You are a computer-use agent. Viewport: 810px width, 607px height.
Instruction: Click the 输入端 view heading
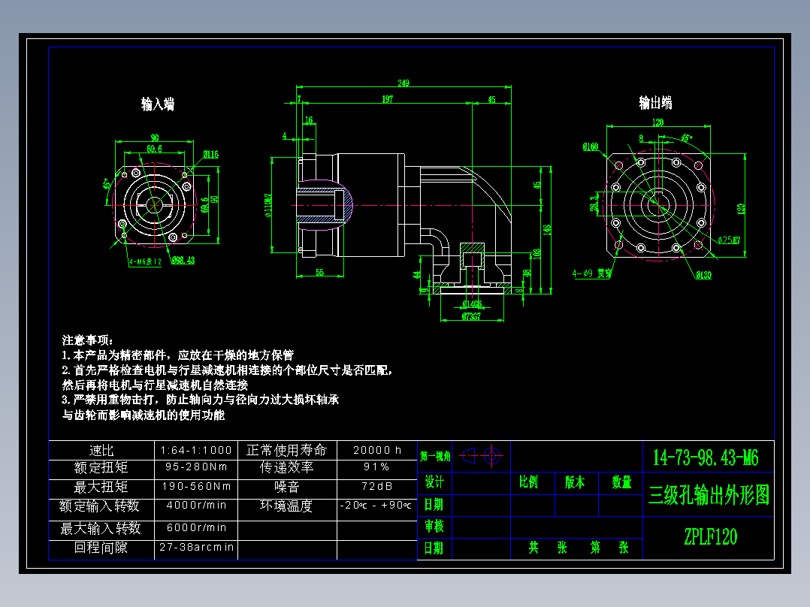[158, 104]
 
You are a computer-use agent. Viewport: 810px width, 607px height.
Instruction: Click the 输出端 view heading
[655, 103]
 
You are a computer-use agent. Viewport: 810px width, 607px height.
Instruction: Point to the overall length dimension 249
[404, 83]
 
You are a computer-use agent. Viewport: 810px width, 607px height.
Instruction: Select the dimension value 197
[388, 99]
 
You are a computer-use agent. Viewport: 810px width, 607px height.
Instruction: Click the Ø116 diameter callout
[210, 155]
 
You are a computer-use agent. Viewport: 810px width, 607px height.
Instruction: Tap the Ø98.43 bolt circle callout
[182, 261]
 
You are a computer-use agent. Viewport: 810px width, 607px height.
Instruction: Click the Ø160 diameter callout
[591, 147]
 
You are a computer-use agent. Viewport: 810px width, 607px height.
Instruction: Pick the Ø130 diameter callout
[703, 275]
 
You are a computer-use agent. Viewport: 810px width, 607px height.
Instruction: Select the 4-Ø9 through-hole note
[592, 274]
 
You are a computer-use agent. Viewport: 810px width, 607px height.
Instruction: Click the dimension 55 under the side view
[320, 273]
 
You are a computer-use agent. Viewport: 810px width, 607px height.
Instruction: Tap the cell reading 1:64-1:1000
[196, 450]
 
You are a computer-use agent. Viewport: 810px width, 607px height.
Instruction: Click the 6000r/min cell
[196, 527]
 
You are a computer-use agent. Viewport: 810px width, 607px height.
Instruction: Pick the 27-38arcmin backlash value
[196, 548]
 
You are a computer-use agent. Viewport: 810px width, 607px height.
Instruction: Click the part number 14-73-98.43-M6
[706, 457]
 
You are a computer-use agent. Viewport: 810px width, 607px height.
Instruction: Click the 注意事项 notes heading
[87, 340]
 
